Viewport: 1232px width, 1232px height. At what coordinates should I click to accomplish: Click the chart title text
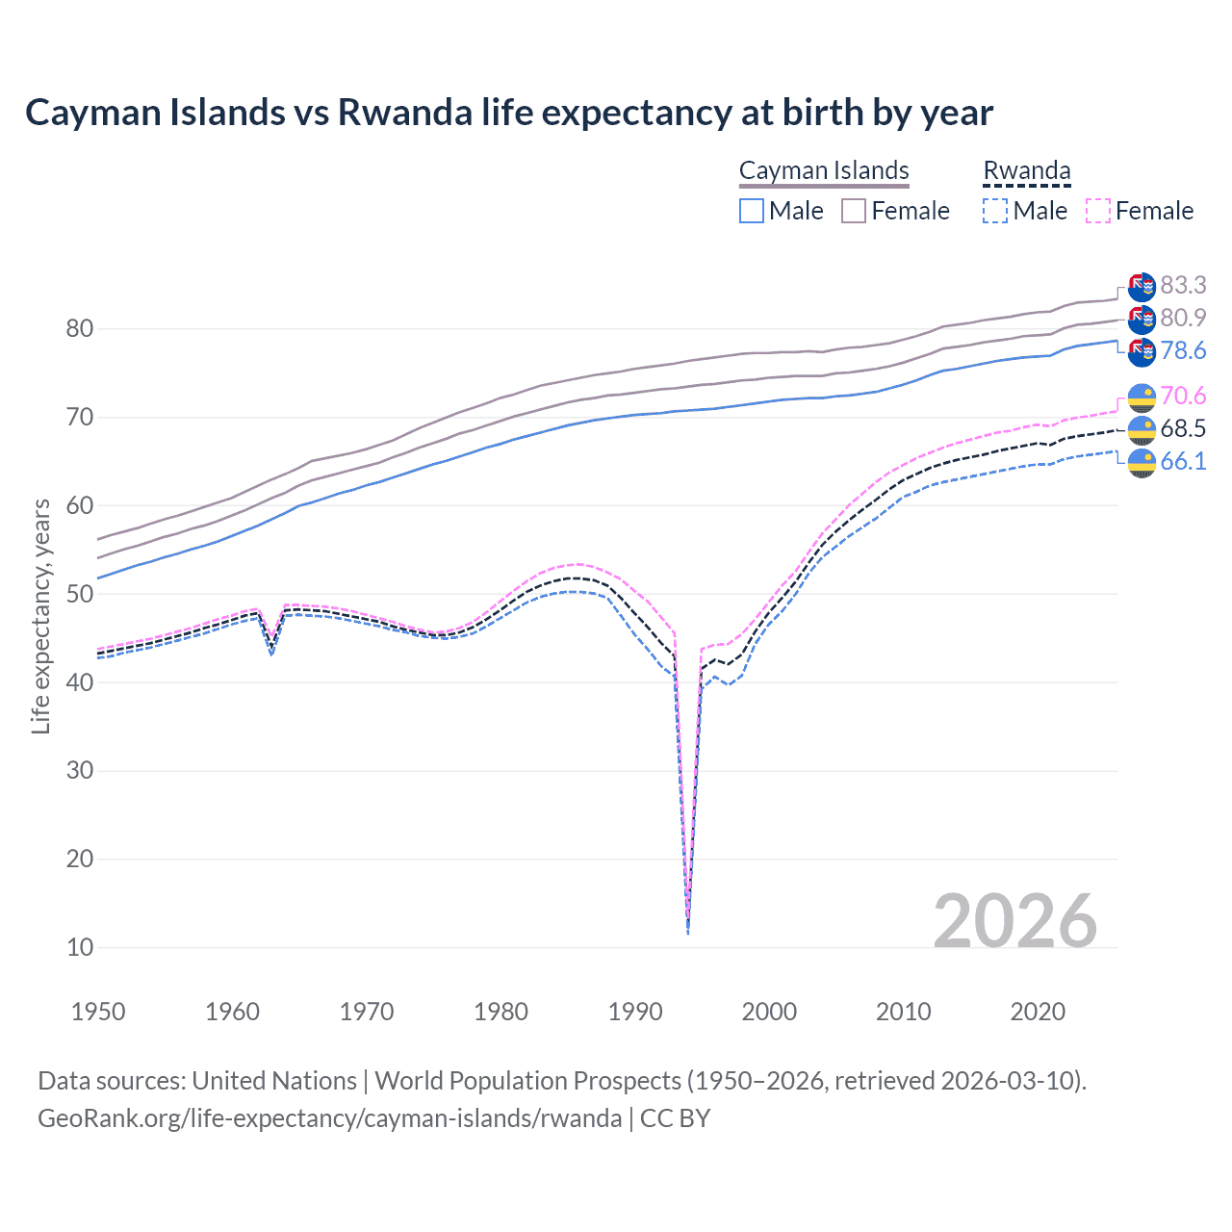point(508,113)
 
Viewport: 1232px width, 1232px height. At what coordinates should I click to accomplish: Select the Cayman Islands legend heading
point(824,170)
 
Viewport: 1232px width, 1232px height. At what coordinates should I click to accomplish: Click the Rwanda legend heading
point(1026,170)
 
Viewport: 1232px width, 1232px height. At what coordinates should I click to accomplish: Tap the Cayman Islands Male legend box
point(752,211)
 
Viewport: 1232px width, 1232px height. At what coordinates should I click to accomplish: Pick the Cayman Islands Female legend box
point(854,211)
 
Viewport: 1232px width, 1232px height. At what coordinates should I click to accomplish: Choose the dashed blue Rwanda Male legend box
point(995,211)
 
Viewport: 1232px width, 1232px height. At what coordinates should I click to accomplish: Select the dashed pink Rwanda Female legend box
point(1098,211)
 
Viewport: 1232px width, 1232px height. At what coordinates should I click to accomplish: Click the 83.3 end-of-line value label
point(1183,285)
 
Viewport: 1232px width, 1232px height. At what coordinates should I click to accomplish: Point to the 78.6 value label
point(1183,350)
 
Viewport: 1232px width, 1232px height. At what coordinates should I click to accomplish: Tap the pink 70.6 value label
point(1183,396)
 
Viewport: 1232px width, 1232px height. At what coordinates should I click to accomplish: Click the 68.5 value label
point(1183,428)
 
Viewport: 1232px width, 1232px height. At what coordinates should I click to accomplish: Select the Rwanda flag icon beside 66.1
point(1142,462)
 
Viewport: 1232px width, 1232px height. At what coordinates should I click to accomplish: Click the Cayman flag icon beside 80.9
point(1142,319)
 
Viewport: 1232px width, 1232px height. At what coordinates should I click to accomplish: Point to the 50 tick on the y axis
point(80,594)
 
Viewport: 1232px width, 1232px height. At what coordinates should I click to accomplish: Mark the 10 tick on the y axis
point(80,947)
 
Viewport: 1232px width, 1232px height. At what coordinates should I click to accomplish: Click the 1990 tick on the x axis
point(635,1012)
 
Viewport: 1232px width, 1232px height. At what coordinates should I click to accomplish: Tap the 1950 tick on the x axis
point(98,1012)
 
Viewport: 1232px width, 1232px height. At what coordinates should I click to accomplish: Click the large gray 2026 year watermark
point(1014,921)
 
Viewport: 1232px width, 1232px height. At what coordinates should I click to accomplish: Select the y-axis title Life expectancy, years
point(40,616)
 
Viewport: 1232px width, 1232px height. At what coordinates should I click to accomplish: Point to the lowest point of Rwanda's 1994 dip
point(687,932)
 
